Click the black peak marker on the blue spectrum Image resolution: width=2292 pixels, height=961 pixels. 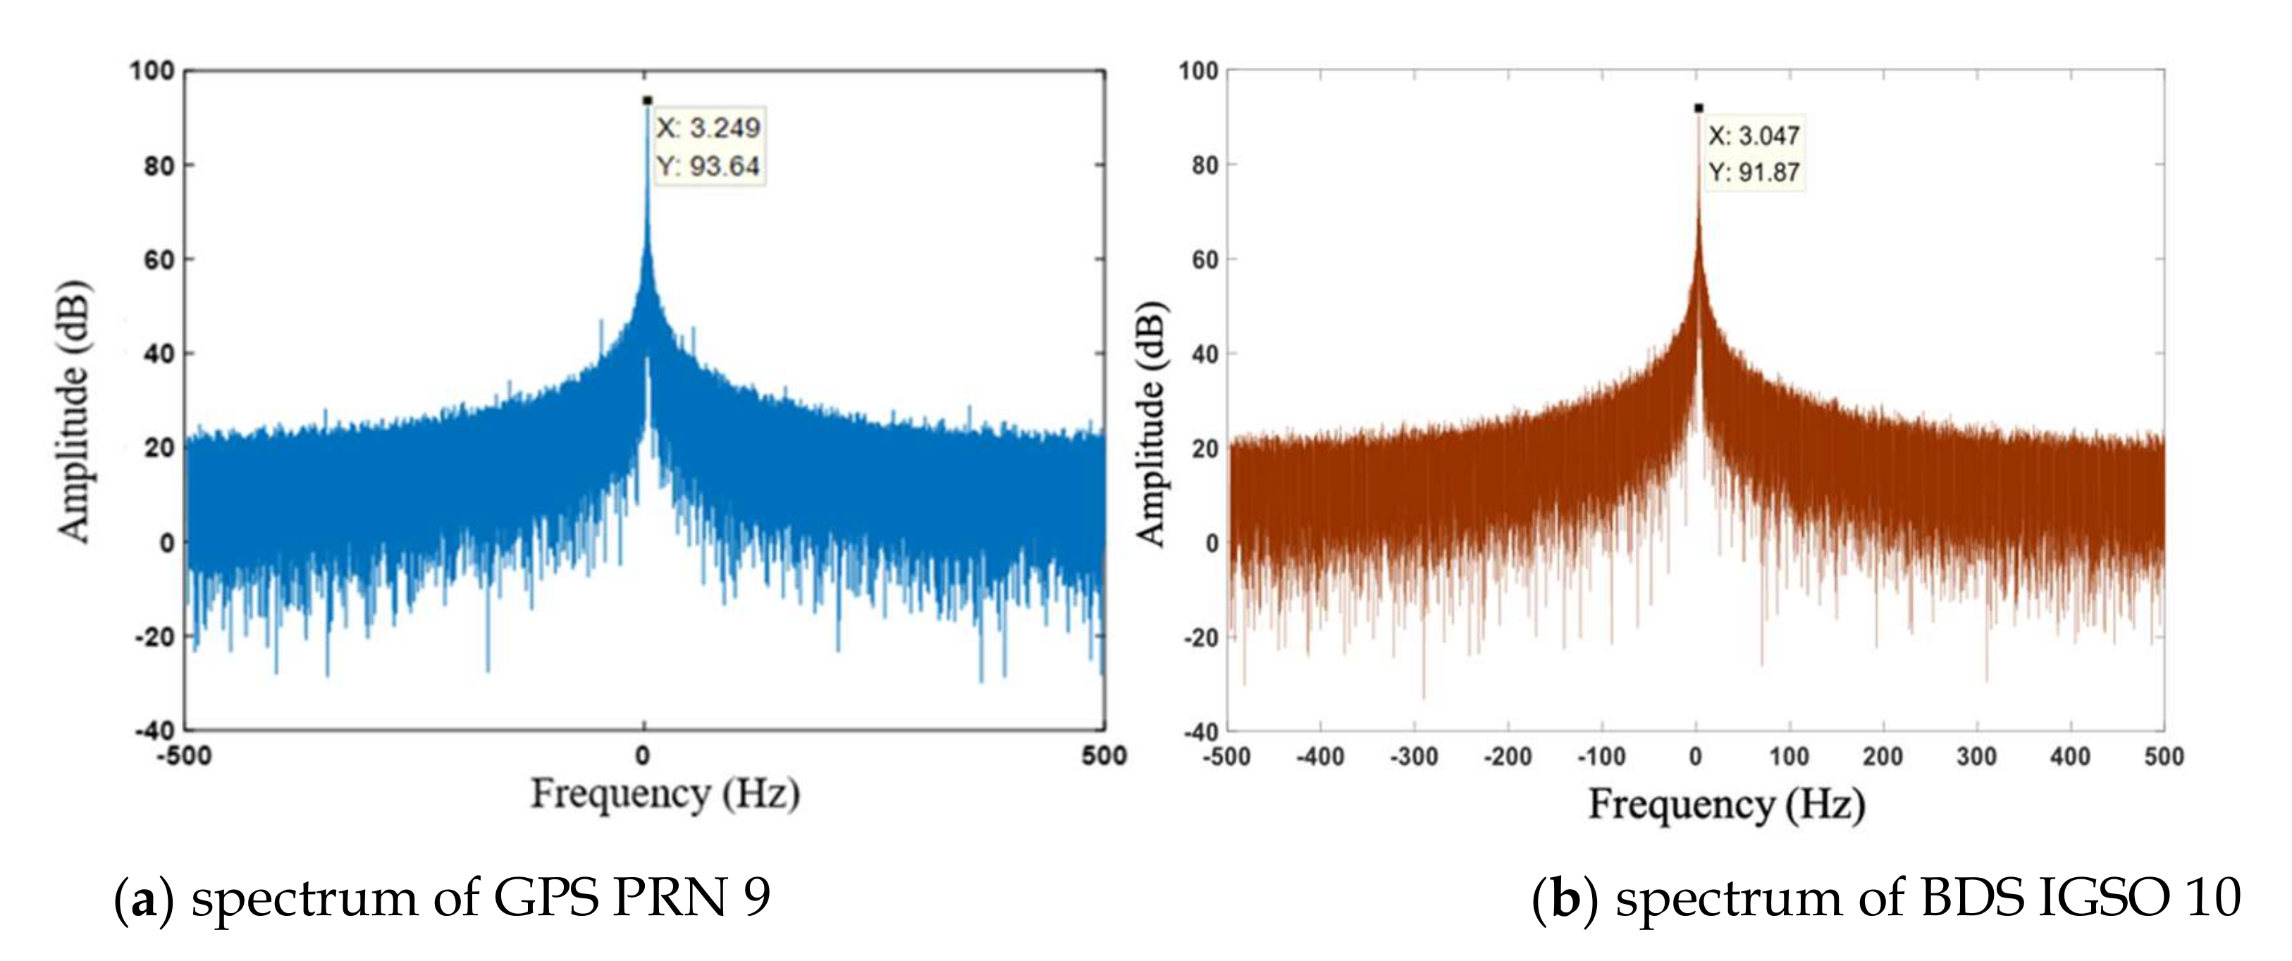pos(647,101)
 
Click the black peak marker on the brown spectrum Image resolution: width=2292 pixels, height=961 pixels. pos(1699,108)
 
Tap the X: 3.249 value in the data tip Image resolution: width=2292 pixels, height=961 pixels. pos(708,128)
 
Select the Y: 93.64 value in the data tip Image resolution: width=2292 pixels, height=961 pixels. pos(708,166)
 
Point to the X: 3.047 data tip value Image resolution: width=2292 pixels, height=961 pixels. pos(1754,136)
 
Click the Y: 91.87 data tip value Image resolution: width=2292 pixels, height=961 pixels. pos(1754,173)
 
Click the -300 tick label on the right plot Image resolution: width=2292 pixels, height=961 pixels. pos(1414,757)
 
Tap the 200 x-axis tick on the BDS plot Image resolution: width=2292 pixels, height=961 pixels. pos(1883,757)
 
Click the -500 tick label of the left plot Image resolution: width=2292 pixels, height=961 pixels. pos(184,757)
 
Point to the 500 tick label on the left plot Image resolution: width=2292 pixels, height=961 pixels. pos(1104,757)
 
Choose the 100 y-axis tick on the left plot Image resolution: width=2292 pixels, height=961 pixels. pos(152,70)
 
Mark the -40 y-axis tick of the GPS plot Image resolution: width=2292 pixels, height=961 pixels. pos(155,731)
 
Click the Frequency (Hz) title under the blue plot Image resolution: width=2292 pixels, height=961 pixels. pos(665,794)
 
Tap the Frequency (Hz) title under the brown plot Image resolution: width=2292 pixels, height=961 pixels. pos(1726,805)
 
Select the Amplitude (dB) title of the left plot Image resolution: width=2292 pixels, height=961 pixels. pos(75,410)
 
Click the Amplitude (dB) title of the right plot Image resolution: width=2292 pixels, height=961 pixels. pos(1152,423)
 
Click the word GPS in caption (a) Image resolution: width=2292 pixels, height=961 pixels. pos(546,898)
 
